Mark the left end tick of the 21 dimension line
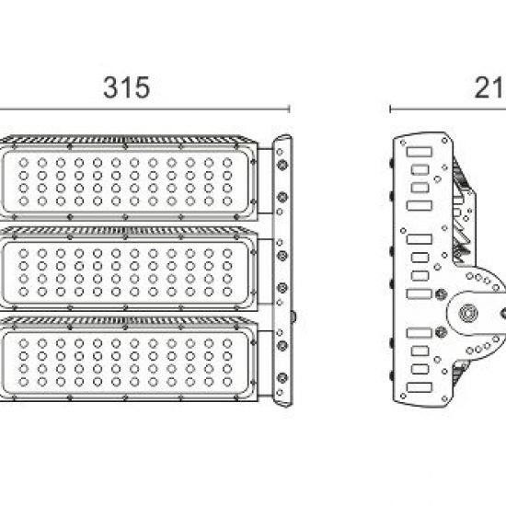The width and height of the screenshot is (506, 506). tap(391, 109)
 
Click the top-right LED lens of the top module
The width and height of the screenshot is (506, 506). tap(225, 163)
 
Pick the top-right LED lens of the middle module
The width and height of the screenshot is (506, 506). tap(225, 250)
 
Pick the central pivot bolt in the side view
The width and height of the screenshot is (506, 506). tap(470, 313)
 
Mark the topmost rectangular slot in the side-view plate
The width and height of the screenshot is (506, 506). tap(420, 152)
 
